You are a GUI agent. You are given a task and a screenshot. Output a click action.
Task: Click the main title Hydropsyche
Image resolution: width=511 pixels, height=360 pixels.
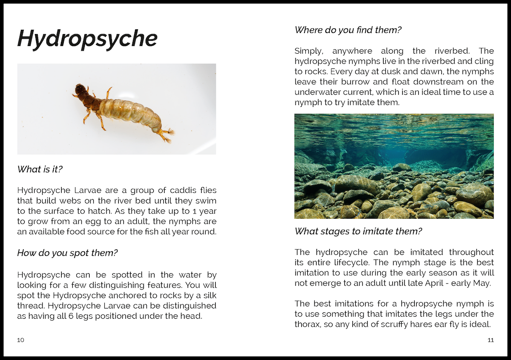87,39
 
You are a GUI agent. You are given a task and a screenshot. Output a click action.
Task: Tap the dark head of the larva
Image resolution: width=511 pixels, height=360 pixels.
80,90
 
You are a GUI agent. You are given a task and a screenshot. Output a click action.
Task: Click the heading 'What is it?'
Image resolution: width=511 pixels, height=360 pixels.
40,169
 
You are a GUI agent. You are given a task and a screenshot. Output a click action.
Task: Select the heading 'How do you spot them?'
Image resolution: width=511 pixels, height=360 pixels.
67,253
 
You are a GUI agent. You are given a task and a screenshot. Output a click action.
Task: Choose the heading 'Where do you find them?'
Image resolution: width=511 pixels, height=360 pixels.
348,30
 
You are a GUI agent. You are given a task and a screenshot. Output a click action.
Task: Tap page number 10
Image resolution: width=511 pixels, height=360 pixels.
21,340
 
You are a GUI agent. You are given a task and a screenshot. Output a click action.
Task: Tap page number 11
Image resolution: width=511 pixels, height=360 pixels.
490,340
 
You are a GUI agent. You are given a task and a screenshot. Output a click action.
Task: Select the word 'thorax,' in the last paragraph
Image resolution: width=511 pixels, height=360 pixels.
308,324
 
